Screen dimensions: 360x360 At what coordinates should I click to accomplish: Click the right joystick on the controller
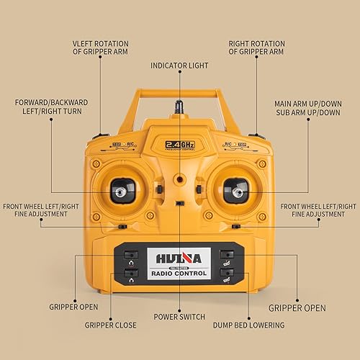tap(237, 191)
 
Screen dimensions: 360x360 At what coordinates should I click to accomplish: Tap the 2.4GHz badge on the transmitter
tap(179, 143)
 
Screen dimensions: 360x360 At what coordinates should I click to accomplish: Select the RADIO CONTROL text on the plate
tap(179, 274)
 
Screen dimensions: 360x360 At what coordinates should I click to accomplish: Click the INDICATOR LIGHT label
tap(179, 66)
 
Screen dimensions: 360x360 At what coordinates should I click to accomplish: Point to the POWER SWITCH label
tap(179, 317)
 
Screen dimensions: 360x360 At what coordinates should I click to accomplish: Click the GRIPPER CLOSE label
tap(110, 325)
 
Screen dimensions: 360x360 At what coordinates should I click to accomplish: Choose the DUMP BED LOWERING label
tap(249, 325)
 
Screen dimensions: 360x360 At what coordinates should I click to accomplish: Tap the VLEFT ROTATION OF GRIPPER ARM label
tap(110, 48)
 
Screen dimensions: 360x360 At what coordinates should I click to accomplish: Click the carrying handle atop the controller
tap(179, 93)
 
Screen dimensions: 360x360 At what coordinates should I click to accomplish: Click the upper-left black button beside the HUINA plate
tap(130, 254)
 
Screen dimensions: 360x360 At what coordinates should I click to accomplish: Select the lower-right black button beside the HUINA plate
tap(228, 273)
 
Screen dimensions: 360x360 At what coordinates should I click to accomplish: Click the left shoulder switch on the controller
tap(102, 135)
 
